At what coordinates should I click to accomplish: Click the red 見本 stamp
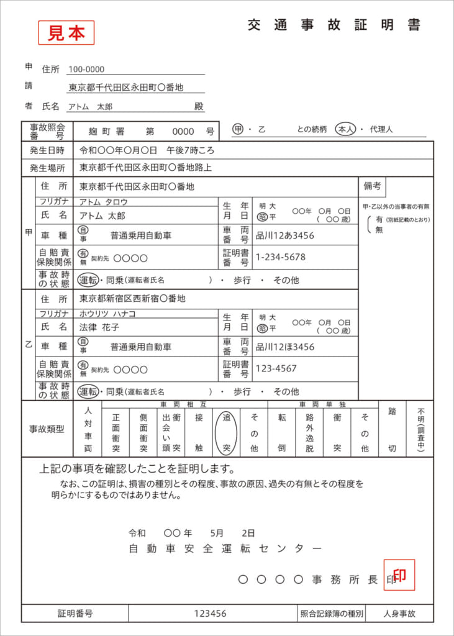pos(66,33)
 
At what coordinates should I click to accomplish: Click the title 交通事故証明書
pos(334,25)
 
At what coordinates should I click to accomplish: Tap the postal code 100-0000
pos(86,70)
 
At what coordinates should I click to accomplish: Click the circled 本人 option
pos(345,129)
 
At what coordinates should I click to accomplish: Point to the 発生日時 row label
pos(47,150)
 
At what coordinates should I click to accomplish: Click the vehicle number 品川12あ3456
pos(285,236)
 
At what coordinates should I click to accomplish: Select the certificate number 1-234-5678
pos(281,257)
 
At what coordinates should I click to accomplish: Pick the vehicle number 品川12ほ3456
pos(285,347)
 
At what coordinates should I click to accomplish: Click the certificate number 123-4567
pos(276,368)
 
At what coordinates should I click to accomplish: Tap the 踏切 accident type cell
pos(393,429)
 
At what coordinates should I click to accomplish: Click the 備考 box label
pos(373,185)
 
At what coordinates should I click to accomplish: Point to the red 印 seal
pos(399,575)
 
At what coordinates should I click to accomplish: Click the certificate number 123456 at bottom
pos(210,614)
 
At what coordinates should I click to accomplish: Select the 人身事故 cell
pos(399,614)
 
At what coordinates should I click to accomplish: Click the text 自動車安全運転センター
pos(225,548)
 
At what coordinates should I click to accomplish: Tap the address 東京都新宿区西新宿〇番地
pos(132,299)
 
